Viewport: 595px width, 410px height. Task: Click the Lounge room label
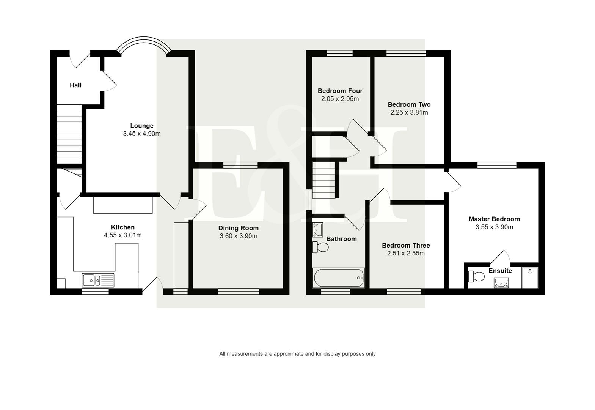coord(142,126)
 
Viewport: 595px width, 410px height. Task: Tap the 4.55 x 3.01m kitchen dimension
coord(123,235)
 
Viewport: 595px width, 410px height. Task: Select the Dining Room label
coord(238,228)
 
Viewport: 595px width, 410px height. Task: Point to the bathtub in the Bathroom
coord(339,278)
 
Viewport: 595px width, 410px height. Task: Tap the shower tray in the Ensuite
coord(530,278)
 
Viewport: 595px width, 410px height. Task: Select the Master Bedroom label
coord(494,219)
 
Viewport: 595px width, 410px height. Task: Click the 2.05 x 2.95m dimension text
coord(340,99)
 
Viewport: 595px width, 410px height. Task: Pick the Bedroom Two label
coord(409,104)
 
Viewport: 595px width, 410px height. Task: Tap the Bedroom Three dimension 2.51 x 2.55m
coord(406,254)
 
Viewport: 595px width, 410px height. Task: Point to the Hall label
coord(75,85)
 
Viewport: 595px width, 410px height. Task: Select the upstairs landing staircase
coord(324,180)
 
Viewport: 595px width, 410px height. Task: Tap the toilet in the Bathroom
coord(320,248)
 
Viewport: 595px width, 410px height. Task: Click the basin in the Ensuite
coord(501,282)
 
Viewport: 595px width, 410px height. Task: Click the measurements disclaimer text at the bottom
coord(297,354)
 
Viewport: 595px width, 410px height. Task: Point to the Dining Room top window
coord(240,165)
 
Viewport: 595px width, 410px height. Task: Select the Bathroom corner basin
coord(317,229)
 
